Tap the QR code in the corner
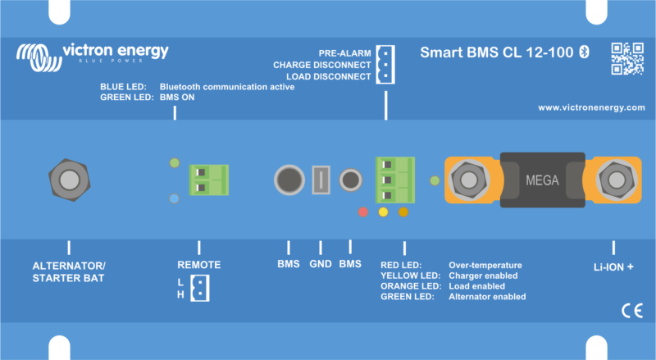[626, 58]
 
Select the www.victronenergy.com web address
[591, 107]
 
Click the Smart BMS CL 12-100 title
[498, 52]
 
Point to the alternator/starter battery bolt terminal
[68, 178]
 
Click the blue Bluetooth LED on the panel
[173, 198]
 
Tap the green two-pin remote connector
[207, 178]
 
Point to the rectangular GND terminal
[321, 179]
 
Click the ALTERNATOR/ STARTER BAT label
[69, 271]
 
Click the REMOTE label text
[199, 265]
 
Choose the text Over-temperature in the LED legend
[485, 266]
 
